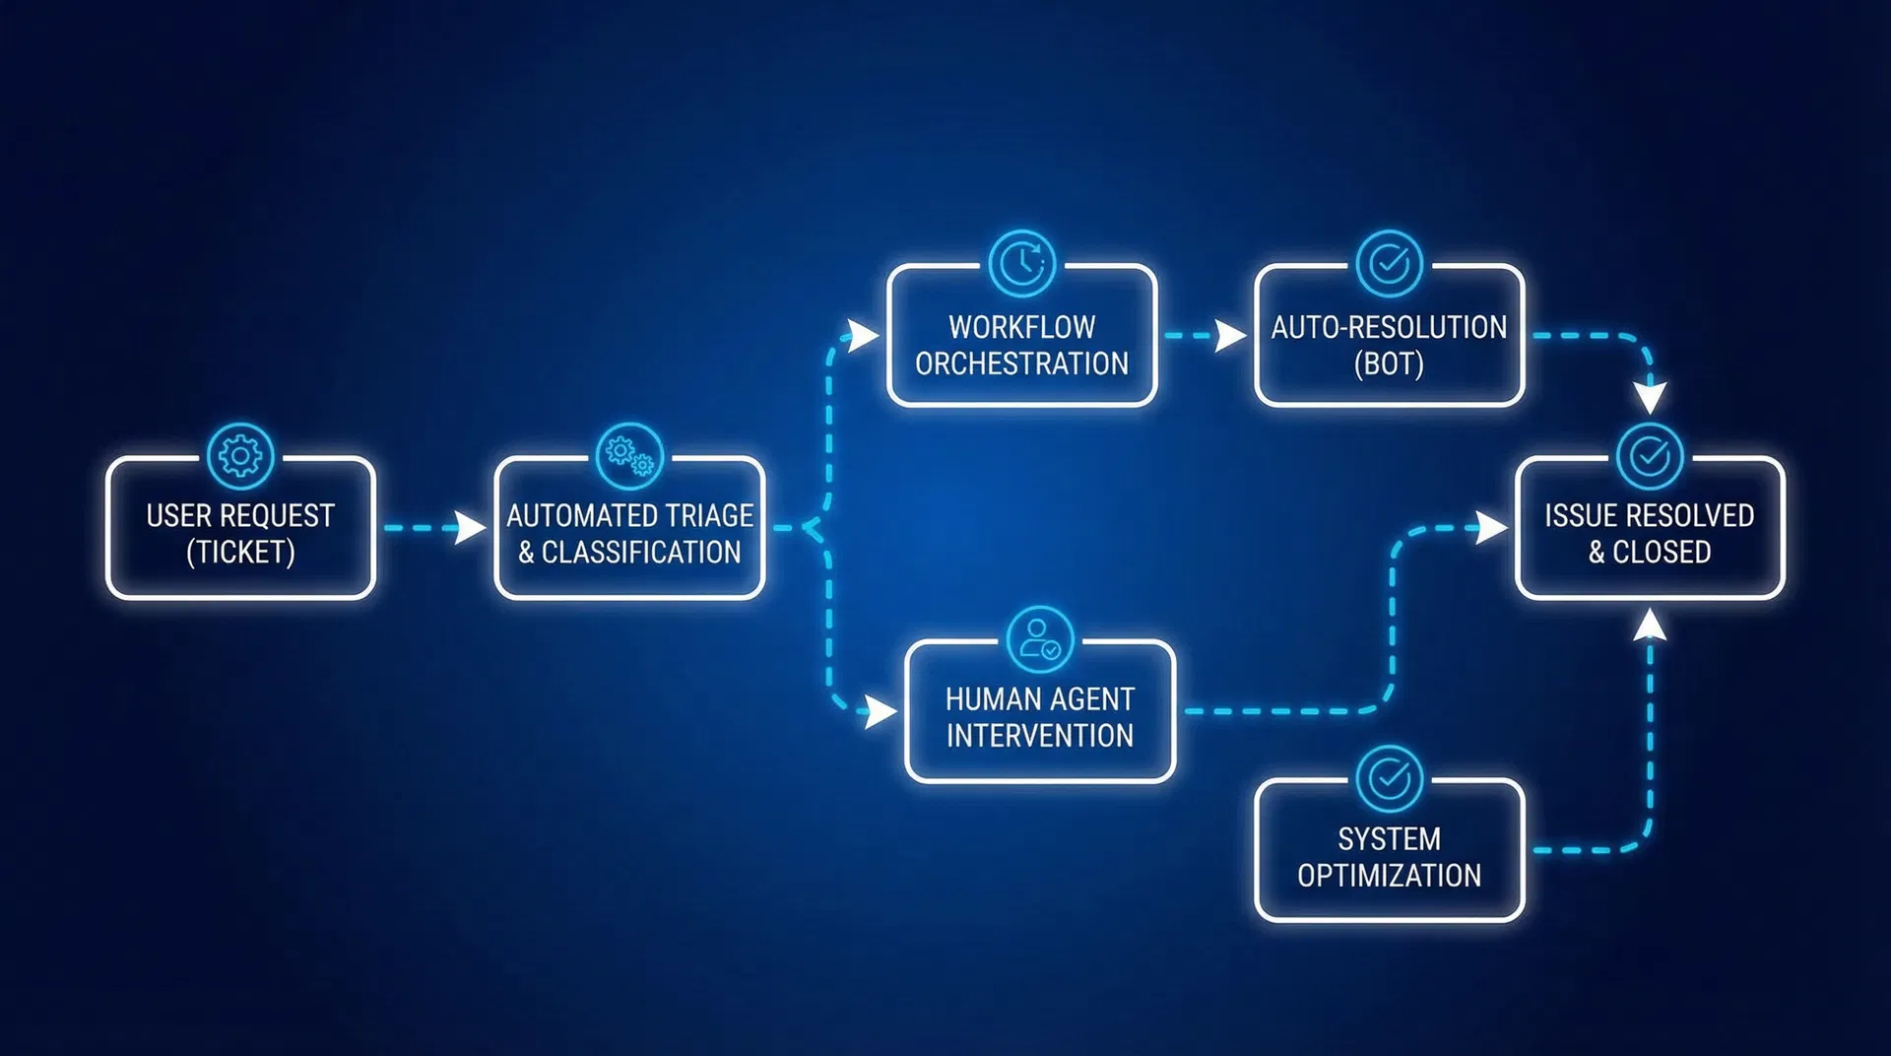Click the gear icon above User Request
point(240,456)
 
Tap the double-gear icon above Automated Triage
point(629,456)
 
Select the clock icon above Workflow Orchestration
point(1021,263)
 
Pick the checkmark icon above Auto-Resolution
point(1389,263)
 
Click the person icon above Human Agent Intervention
point(1039,639)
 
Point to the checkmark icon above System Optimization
point(1389,778)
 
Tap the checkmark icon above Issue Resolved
point(1649,456)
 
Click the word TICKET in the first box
point(240,553)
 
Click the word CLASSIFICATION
point(641,553)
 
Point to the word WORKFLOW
point(1021,327)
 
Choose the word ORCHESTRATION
point(1021,363)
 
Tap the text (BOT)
point(1389,363)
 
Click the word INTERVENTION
point(1039,736)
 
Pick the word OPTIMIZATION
point(1389,876)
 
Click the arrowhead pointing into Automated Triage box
point(471,527)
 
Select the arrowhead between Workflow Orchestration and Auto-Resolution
point(1229,335)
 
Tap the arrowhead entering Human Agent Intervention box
point(880,710)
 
